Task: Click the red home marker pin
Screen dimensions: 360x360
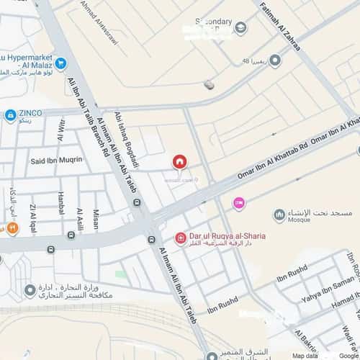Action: pos(179,162)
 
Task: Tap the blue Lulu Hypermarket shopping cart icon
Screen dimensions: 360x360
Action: pos(60,65)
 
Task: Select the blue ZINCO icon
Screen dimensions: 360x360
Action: pos(10,114)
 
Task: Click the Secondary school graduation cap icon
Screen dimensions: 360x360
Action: pos(240,28)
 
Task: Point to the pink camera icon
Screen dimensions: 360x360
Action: pos(238,204)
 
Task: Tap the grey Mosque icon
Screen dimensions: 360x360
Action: pos(279,215)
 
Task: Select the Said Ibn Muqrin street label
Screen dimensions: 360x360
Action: pos(57,159)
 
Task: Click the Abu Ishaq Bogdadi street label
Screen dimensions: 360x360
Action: pos(127,138)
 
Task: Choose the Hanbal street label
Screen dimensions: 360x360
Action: pos(60,204)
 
